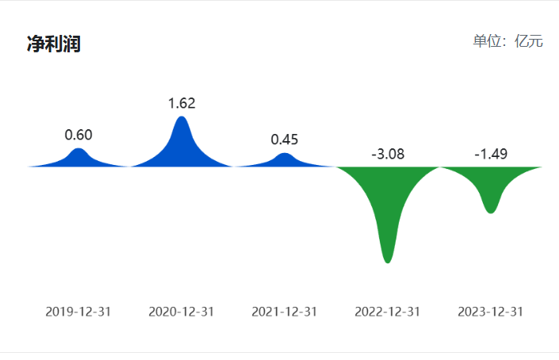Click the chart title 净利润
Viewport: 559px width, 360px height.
tap(54, 44)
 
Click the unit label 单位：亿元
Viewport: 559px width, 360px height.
tap(507, 41)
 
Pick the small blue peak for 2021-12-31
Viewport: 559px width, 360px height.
tap(285, 160)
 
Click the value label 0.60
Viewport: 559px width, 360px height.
tap(78, 134)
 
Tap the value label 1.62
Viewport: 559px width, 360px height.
tap(182, 103)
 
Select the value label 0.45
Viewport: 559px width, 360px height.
tap(285, 140)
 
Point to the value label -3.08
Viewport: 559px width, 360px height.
tap(388, 154)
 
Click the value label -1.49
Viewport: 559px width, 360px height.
tap(491, 154)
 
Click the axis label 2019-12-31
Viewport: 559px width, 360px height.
tap(78, 312)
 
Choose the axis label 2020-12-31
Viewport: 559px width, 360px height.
tap(182, 312)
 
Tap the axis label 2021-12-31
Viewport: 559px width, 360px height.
tap(285, 312)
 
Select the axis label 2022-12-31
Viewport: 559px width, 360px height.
tap(388, 312)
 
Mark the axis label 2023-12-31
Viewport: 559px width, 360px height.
tap(491, 312)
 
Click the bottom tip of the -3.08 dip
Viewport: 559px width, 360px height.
tap(387, 260)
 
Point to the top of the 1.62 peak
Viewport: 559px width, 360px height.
tap(182, 118)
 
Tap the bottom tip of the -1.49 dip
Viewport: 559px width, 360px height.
tap(491, 211)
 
